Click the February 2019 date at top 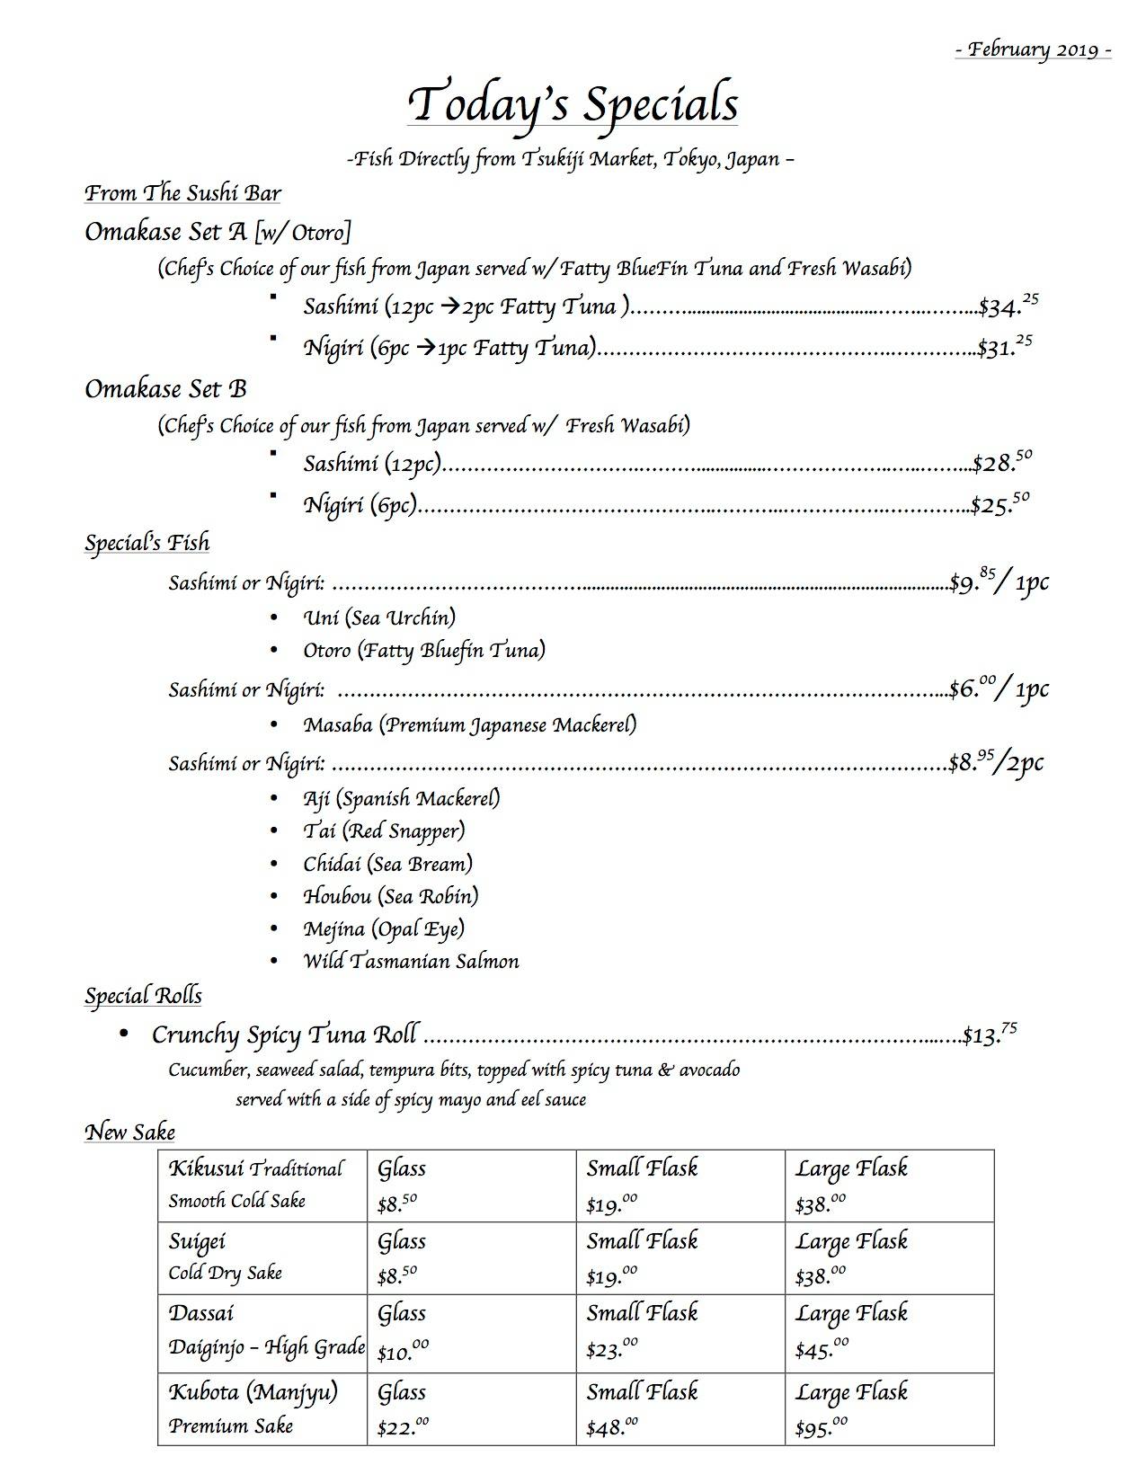(x=1033, y=50)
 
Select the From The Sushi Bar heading (x=182, y=193)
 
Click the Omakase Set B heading (x=165, y=389)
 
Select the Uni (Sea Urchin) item (x=379, y=618)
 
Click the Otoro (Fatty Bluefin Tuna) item (x=424, y=651)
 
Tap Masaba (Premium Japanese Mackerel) (x=469, y=724)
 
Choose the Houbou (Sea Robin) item (x=390, y=896)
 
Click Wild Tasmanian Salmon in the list (x=411, y=962)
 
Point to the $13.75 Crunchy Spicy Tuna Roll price (x=990, y=1035)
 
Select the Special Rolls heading (x=143, y=996)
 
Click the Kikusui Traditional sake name (x=255, y=1169)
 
